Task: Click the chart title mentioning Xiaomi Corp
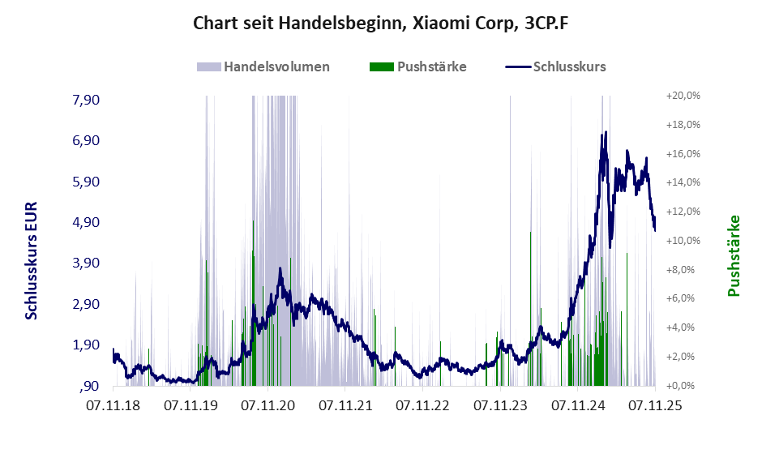point(381,23)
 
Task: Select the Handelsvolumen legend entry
point(276,66)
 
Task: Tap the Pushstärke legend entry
point(431,66)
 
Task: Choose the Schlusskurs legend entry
point(569,66)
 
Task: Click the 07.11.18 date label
point(113,404)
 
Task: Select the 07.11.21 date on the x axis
point(345,404)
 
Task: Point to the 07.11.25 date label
point(655,404)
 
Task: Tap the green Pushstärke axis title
point(734,255)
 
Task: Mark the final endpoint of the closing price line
point(655,230)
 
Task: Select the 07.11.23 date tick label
point(500,404)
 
